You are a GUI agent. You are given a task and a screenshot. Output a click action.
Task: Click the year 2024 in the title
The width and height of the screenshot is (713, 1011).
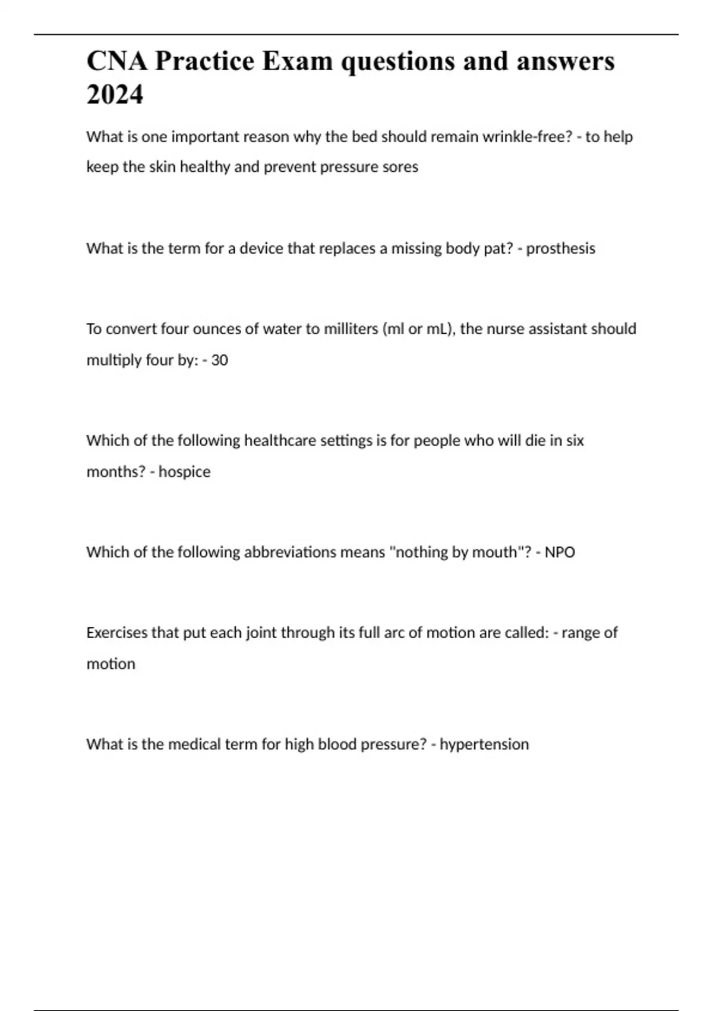tap(115, 95)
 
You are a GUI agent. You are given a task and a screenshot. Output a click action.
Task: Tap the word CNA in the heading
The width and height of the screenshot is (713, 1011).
tap(116, 61)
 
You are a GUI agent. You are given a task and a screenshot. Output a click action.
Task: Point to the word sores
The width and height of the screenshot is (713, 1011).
tap(400, 167)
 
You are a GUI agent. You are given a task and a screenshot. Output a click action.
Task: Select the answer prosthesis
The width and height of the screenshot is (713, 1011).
tap(560, 248)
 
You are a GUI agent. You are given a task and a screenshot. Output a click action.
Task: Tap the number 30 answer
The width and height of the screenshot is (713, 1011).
tap(219, 360)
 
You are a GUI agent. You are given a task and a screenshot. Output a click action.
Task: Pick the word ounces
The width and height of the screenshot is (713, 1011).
tap(216, 329)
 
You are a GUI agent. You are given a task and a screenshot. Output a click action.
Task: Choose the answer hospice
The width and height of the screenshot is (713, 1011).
tap(184, 472)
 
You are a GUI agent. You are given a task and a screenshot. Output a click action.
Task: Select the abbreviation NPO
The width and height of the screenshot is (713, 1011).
tap(560, 552)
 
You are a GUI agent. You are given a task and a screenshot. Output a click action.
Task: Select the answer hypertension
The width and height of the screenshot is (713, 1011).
tap(484, 745)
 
